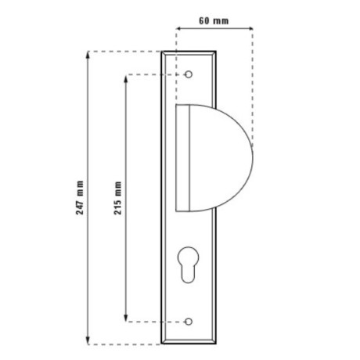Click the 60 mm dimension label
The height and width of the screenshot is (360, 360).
[214, 20]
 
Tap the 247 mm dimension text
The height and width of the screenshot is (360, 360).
[80, 197]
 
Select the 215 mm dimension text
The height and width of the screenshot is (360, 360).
[117, 198]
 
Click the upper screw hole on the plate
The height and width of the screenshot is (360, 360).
[189, 74]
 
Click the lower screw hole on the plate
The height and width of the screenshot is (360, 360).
[189, 322]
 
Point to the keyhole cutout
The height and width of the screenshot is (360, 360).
[188, 265]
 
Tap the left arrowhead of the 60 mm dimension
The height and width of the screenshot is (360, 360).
[178, 28]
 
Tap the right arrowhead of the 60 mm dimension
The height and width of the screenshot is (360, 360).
[250, 28]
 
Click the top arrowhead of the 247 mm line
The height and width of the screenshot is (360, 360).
[88, 55]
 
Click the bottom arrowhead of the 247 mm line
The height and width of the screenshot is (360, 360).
[88, 341]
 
